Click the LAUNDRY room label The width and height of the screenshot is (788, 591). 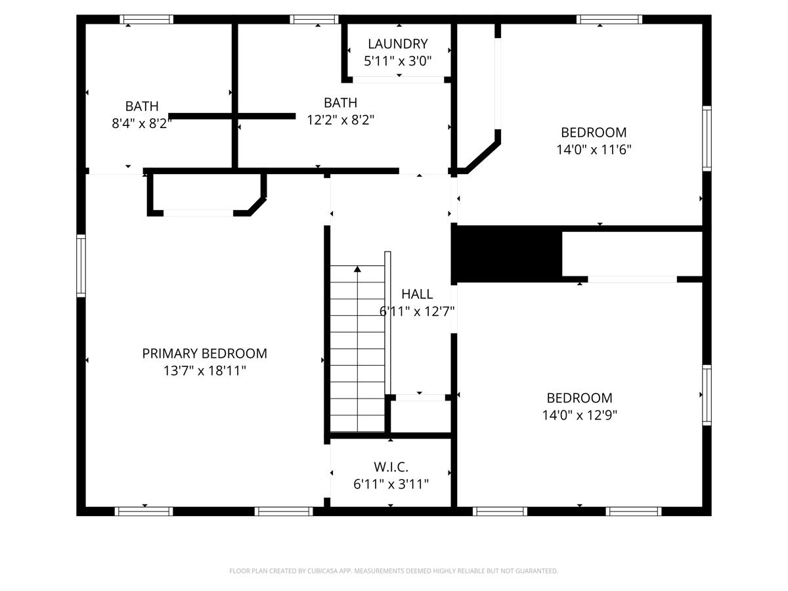pos(397,44)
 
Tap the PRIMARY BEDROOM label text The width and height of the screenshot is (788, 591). pos(204,353)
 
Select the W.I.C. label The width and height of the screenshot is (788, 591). pos(391,467)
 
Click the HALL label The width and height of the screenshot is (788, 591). pos(417,294)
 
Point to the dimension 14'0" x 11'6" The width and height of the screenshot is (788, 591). pos(594,150)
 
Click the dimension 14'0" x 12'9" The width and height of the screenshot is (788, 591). pos(579,415)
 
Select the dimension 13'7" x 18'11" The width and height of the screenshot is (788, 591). pos(204,371)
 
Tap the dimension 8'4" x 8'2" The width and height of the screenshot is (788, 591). pos(142,123)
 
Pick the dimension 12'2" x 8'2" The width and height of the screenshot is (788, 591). pos(340,120)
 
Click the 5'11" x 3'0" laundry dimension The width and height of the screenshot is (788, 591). pos(397,61)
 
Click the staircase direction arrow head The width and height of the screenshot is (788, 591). pos(357,269)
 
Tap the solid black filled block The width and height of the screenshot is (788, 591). pos(507,253)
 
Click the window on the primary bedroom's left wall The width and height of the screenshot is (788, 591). pos(81,266)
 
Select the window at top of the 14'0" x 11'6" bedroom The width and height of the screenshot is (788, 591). pos(609,19)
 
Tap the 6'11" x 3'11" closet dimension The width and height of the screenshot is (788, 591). pos(391,485)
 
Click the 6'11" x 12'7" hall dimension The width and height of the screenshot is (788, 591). pos(417,311)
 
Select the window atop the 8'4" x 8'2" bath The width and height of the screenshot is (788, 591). pos(146,19)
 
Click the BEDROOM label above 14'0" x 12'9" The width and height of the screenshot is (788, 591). pos(579,398)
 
